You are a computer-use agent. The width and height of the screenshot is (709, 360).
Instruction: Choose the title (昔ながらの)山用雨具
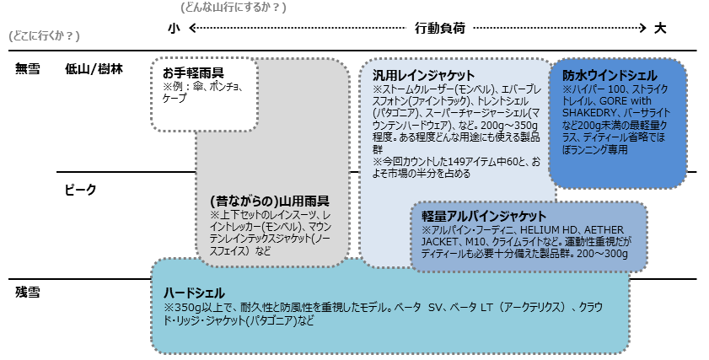coord(269,202)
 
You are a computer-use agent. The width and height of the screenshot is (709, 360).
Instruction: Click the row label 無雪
coord(28,69)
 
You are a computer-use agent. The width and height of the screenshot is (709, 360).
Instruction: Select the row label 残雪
coord(28,292)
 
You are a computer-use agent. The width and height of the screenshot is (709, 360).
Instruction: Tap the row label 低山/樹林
coord(94,69)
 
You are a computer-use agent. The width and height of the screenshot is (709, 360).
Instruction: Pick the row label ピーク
coord(81,190)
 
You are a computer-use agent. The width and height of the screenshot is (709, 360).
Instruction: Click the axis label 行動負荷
coord(439,28)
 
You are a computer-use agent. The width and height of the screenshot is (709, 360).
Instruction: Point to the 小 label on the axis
coord(174,28)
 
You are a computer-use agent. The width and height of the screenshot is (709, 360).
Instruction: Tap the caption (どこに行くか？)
coord(43,36)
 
